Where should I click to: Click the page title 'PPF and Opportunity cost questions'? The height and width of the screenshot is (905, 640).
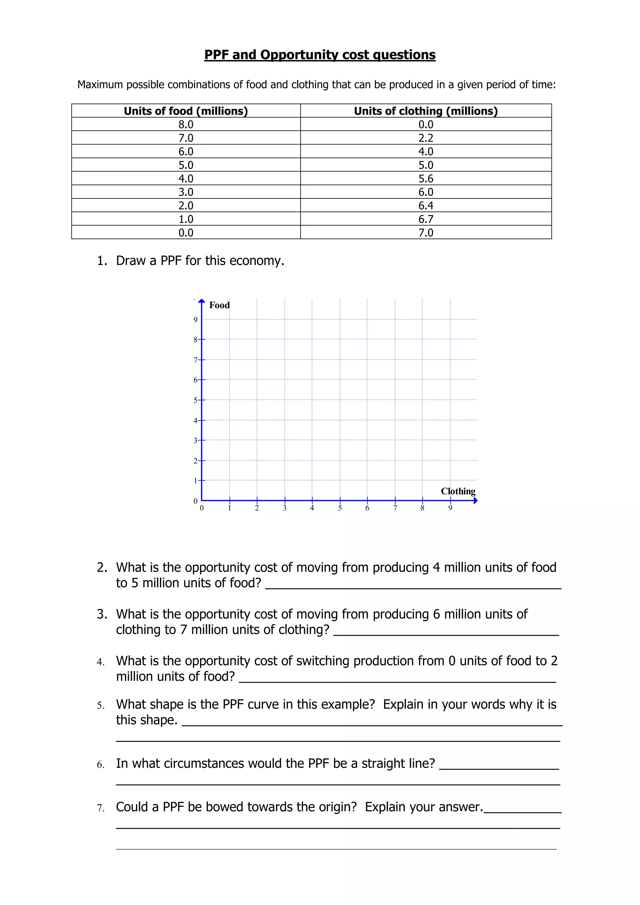click(x=320, y=55)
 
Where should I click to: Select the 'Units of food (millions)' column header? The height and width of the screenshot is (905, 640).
click(x=186, y=111)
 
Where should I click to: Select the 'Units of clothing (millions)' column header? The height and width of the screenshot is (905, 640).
click(x=426, y=111)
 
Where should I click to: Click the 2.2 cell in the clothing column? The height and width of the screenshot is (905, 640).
click(x=426, y=138)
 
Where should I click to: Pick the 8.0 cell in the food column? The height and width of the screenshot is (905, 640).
click(x=186, y=125)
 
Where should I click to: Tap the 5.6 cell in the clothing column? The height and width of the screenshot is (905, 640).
click(x=426, y=178)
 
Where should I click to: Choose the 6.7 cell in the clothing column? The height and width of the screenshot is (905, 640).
click(x=426, y=219)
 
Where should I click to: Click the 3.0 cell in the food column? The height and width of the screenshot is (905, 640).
click(x=186, y=192)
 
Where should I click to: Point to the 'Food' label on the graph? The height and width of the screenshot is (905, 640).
click(x=219, y=305)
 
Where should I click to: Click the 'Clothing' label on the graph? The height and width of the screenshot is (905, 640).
click(x=458, y=491)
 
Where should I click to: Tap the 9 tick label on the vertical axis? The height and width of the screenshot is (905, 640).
click(x=195, y=320)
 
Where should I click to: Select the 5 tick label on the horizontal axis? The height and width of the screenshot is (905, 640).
click(x=340, y=508)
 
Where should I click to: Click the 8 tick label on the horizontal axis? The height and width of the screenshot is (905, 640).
click(x=422, y=508)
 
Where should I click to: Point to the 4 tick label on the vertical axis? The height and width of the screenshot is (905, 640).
click(x=195, y=421)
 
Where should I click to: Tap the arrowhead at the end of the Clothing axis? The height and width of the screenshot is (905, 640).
click(x=475, y=501)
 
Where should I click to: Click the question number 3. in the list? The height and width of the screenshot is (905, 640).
click(x=102, y=614)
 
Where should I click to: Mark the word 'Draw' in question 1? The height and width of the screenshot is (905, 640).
click(x=130, y=261)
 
